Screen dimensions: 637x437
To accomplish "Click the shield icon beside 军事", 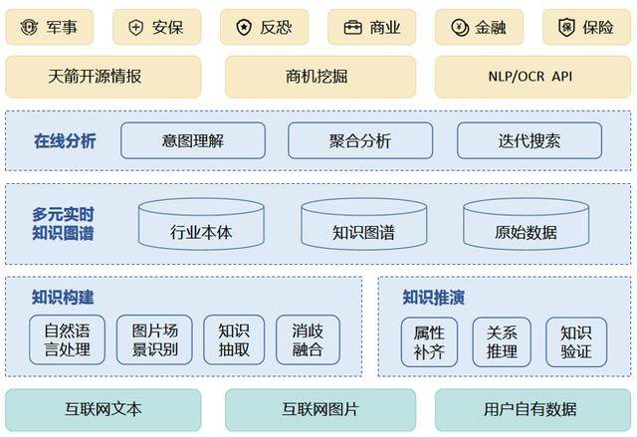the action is point(29,27).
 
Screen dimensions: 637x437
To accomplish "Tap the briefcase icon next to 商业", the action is point(352,28).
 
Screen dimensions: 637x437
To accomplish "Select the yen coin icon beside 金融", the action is point(460,28).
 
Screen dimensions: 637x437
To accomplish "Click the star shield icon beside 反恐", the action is point(244,27).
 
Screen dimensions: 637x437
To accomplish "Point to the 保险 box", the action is point(586,27).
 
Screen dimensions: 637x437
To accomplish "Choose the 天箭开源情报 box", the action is point(104,77).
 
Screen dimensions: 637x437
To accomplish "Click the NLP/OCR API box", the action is point(532,77).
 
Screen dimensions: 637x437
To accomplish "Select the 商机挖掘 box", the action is point(320,77).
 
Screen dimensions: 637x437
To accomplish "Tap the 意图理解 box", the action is point(193,140).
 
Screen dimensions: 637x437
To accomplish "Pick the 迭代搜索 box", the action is point(530,140).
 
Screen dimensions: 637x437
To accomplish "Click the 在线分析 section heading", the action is point(65,141).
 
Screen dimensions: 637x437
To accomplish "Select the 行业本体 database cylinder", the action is point(201,224).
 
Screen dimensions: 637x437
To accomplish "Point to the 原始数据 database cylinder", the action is point(527,224).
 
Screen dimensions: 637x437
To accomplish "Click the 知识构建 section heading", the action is point(63,297).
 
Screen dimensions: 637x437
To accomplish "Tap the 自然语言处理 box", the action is point(67,339).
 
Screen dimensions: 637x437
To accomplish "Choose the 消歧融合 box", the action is point(308,339).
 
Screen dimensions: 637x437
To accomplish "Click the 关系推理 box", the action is point(502,342).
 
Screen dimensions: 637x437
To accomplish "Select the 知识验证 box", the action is point(576,342).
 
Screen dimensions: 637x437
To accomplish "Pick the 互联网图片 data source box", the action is point(320,410).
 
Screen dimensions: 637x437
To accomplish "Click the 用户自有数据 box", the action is point(532,410).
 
